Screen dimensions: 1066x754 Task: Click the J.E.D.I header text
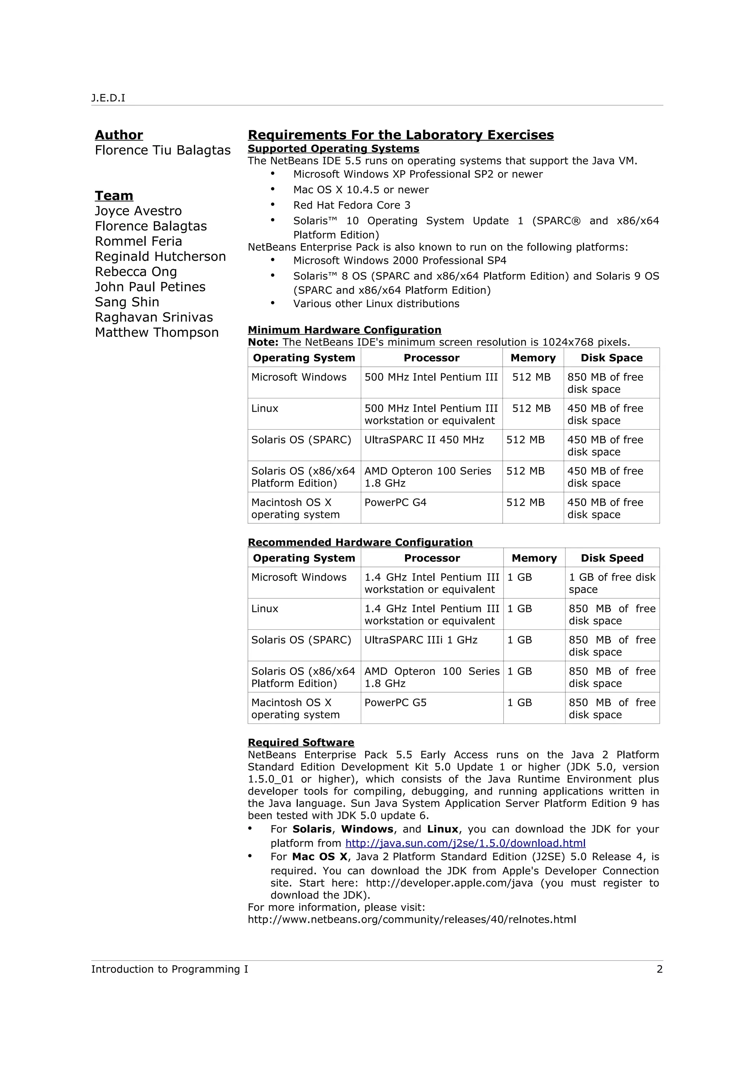(108, 98)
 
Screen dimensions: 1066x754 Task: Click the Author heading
(119, 135)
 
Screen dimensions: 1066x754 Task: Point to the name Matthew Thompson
(156, 333)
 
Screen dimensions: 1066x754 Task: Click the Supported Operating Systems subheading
(333, 149)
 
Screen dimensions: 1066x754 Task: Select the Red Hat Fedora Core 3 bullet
(352, 205)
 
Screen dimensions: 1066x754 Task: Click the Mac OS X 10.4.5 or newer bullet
(360, 189)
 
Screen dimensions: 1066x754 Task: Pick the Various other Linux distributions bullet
(376, 303)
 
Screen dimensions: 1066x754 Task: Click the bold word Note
(263, 342)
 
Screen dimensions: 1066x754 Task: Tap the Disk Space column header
(612, 358)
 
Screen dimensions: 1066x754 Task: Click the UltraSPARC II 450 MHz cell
(424, 440)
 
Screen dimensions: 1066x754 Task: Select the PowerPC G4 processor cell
(395, 502)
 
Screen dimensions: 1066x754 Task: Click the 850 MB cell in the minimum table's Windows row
(605, 383)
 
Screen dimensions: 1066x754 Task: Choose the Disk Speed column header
(612, 558)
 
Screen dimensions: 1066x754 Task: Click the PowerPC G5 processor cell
(395, 703)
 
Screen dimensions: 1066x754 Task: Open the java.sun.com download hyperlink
(465, 843)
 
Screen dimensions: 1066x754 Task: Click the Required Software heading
(300, 742)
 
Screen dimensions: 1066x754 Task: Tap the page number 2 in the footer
(659, 969)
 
